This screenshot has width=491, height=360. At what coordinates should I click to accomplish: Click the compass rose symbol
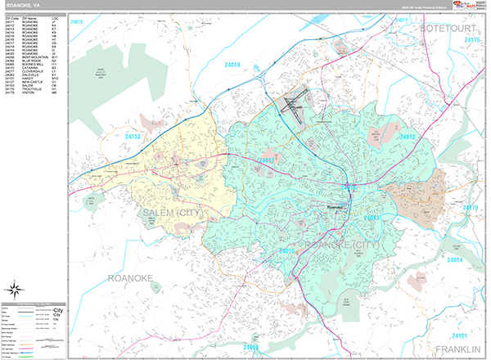coord(15,288)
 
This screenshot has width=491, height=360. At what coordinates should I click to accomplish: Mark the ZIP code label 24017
coord(266,160)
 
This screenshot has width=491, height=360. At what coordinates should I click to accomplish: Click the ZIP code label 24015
coord(286,250)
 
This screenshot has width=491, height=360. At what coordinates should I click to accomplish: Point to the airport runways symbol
coord(291,105)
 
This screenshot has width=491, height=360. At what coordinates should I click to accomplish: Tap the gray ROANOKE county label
coord(130,279)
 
